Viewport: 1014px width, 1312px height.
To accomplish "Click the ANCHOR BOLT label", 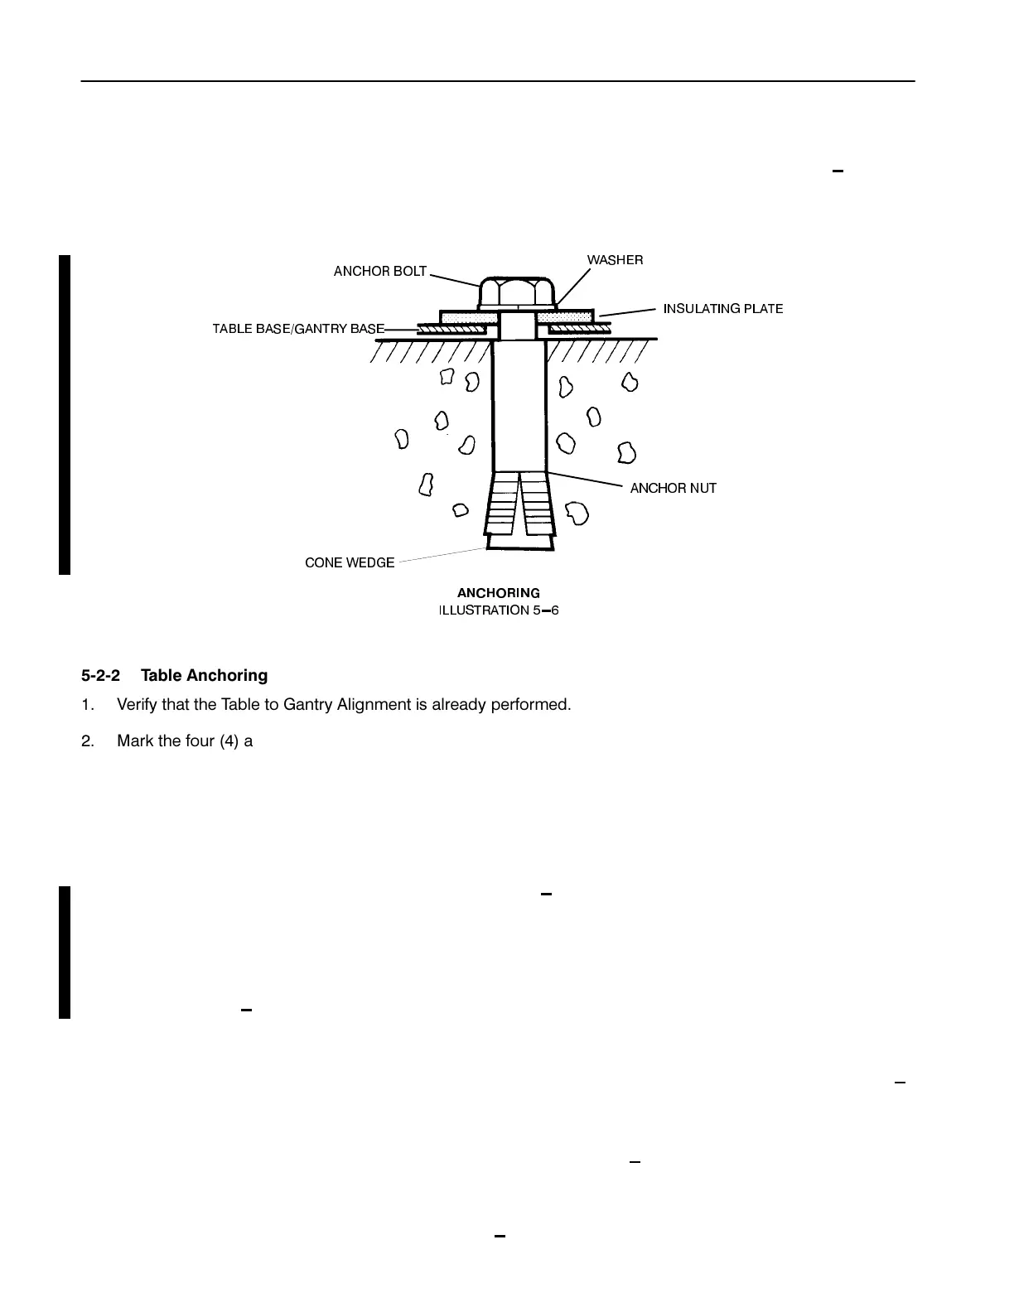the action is click(x=380, y=272).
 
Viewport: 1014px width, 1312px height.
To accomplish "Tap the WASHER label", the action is click(x=615, y=260).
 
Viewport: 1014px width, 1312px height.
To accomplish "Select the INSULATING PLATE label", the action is click(x=722, y=309).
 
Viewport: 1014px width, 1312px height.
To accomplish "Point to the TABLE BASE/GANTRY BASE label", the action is click(x=298, y=329).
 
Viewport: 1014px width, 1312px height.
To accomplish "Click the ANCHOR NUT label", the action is click(x=673, y=489).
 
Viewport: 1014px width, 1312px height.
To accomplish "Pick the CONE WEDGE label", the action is click(x=350, y=563).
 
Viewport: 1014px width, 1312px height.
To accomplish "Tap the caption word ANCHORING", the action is click(x=499, y=593).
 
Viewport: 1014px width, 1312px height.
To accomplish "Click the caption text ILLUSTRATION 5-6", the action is click(x=499, y=610).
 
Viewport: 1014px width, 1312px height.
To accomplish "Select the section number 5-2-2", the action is click(x=100, y=676).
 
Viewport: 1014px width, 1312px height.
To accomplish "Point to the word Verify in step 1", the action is click(x=137, y=706).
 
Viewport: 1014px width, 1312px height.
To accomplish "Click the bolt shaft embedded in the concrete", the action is click(x=519, y=406).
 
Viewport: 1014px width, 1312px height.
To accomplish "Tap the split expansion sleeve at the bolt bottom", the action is click(x=519, y=505).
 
